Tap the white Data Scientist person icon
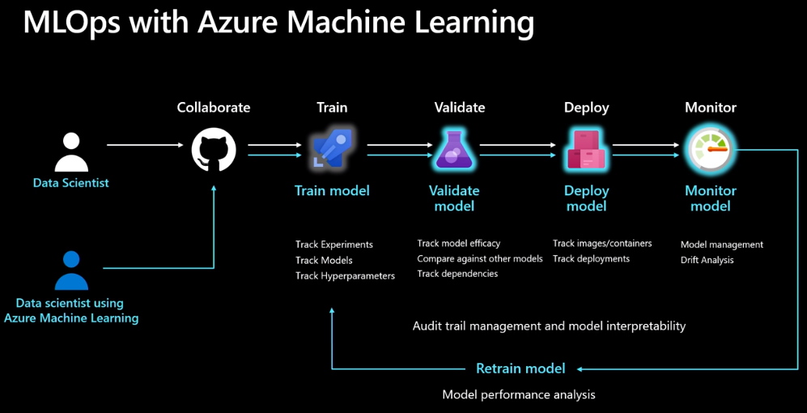click(71, 152)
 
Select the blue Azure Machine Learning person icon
click(71, 270)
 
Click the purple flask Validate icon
click(453, 150)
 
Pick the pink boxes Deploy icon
click(586, 150)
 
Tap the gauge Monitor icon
click(710, 150)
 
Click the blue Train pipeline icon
click(332, 151)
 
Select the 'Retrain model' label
click(520, 368)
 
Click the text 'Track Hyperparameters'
click(345, 276)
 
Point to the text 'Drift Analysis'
click(707, 260)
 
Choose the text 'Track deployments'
click(591, 259)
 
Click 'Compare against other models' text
click(480, 259)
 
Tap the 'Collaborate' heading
click(214, 108)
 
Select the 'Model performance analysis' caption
click(519, 394)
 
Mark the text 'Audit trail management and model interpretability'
click(549, 326)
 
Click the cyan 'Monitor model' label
click(711, 198)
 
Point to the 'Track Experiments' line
click(334, 245)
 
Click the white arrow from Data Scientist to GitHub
click(146, 146)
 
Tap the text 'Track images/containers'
click(602, 243)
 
